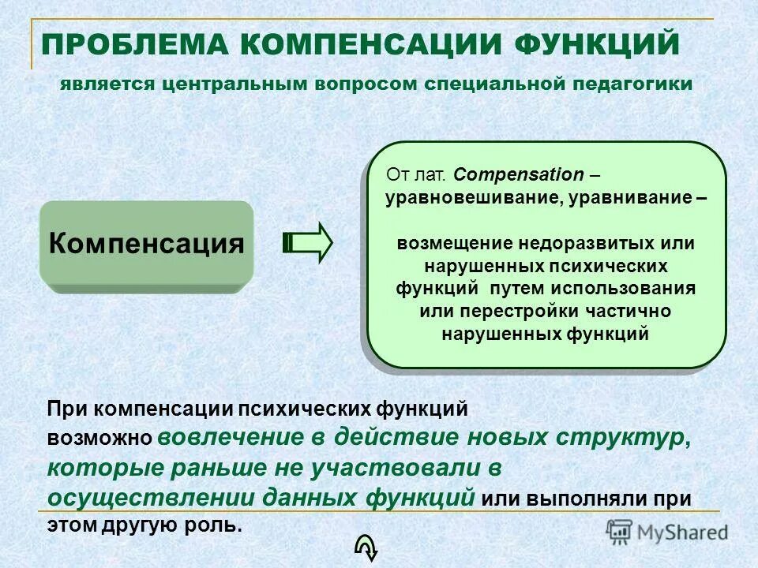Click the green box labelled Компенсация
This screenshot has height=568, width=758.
click(146, 243)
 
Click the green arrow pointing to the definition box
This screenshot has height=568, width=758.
click(309, 242)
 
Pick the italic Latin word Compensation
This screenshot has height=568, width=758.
click(520, 174)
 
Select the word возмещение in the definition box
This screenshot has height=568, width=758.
click(448, 243)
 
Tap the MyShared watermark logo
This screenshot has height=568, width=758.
click(667, 531)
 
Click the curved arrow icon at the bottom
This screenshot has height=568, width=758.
click(368, 545)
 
